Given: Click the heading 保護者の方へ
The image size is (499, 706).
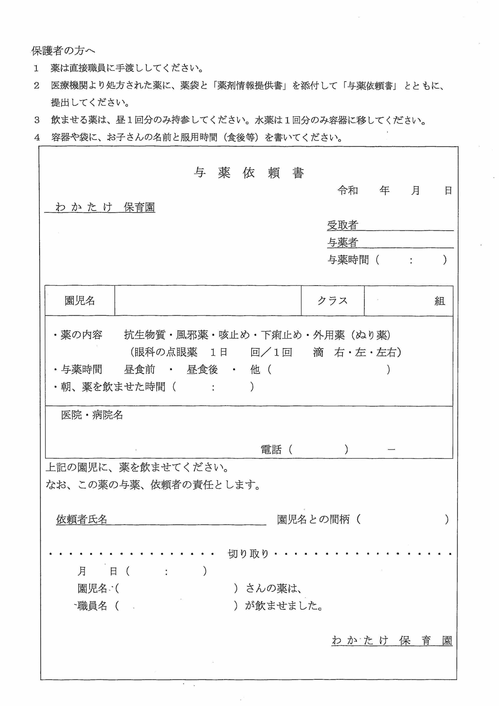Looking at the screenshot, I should click(63, 51).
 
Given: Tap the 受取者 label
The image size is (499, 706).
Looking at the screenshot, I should click(342, 225).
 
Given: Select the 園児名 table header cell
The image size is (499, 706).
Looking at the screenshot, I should click(80, 300).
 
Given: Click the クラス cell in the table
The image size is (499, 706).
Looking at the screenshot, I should click(332, 300).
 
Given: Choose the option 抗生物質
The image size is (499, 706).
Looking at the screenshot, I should click(144, 335).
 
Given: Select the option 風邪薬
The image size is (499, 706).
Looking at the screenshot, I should click(192, 335).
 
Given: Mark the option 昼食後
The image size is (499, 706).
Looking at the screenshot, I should click(202, 369).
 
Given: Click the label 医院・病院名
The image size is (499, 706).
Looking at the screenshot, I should click(92, 415).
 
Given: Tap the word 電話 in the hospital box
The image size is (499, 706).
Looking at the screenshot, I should click(271, 450).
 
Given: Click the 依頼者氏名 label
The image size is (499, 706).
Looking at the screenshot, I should click(81, 519).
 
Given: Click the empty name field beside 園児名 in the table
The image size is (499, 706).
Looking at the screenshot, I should click(208, 300).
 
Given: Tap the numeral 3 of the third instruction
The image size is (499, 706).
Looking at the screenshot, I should click(37, 120).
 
